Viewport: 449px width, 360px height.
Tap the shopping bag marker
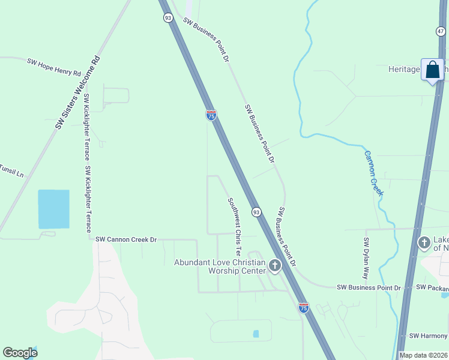coord(432,70)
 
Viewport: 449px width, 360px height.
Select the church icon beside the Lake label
coord(424,243)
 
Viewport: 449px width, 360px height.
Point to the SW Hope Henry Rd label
coord(54,67)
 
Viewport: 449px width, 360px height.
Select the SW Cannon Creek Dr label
coord(126,239)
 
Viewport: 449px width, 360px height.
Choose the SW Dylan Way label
coord(367,258)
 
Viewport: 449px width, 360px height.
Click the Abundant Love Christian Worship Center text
coord(220,266)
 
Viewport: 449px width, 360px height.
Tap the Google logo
coord(20,353)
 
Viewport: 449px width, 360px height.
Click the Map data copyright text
coord(423,355)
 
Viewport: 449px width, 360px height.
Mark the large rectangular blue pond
coord(53,209)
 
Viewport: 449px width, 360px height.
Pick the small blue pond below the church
coord(256,334)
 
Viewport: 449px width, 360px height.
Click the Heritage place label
coord(403,70)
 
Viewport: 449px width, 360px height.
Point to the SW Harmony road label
coord(427,336)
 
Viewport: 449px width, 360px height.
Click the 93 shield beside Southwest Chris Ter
coord(256,212)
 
